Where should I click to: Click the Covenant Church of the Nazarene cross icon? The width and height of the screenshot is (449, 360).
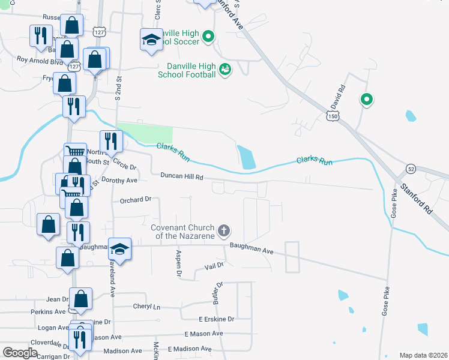[224, 230]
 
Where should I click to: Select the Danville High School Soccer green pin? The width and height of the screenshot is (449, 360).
[208, 37]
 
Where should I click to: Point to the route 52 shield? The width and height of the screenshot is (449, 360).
[411, 169]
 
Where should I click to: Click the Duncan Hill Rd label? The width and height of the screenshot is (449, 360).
[182, 176]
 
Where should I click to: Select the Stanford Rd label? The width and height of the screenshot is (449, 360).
[417, 200]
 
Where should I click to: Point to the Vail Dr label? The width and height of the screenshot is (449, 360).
[214, 265]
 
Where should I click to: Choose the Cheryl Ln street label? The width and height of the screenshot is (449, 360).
[147, 306]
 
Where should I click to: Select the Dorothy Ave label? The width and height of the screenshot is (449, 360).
[119, 180]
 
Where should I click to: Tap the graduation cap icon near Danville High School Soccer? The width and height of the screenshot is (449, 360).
[151, 40]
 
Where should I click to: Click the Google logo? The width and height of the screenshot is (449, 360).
[20, 352]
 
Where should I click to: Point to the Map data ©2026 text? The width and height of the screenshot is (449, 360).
[423, 355]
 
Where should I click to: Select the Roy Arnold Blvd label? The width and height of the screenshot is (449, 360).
[40, 60]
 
